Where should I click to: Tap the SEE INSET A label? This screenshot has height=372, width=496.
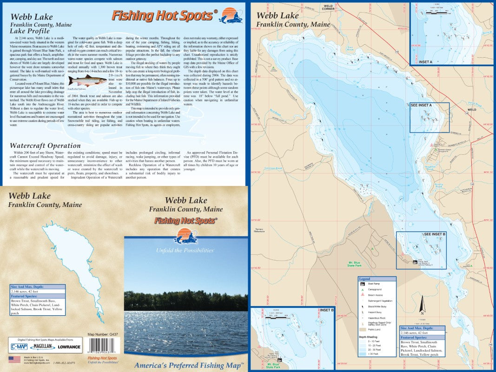(421, 106)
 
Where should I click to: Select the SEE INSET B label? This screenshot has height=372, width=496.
(435, 233)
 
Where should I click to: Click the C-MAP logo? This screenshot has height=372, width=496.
(18, 347)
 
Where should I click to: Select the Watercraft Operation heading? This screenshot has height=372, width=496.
(45, 146)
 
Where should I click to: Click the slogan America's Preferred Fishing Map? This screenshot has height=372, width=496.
(188, 365)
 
